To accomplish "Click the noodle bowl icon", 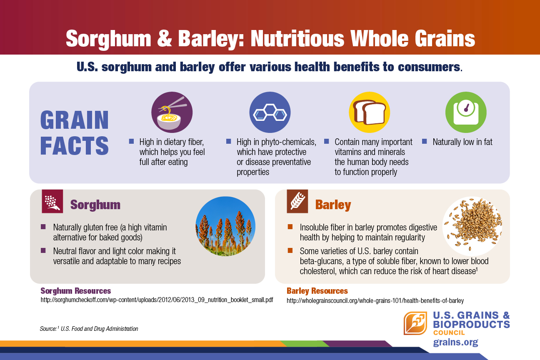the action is click(x=172, y=112).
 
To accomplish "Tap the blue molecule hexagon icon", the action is click(x=270, y=112).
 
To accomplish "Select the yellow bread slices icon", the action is click(x=369, y=112).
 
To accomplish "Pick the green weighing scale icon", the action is click(x=466, y=112).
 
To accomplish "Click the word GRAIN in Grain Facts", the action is click(x=75, y=120).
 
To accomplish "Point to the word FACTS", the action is click(x=75, y=146).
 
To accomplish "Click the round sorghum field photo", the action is click(x=225, y=226).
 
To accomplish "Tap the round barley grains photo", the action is click(x=472, y=226).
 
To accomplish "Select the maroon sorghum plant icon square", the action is click(x=52, y=201).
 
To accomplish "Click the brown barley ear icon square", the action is click(x=297, y=201).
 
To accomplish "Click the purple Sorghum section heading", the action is click(x=95, y=205).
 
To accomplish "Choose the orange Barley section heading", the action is click(x=333, y=205).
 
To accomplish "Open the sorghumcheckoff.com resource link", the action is click(x=157, y=300).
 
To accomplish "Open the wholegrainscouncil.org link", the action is click(x=375, y=301).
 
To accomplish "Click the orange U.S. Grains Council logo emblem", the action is click(x=415, y=323).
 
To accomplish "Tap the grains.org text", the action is click(x=456, y=342).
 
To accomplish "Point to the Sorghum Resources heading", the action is click(x=76, y=291).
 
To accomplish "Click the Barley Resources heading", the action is click(x=317, y=291).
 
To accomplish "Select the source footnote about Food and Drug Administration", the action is click(x=89, y=329).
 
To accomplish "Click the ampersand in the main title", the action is click(x=165, y=38).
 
